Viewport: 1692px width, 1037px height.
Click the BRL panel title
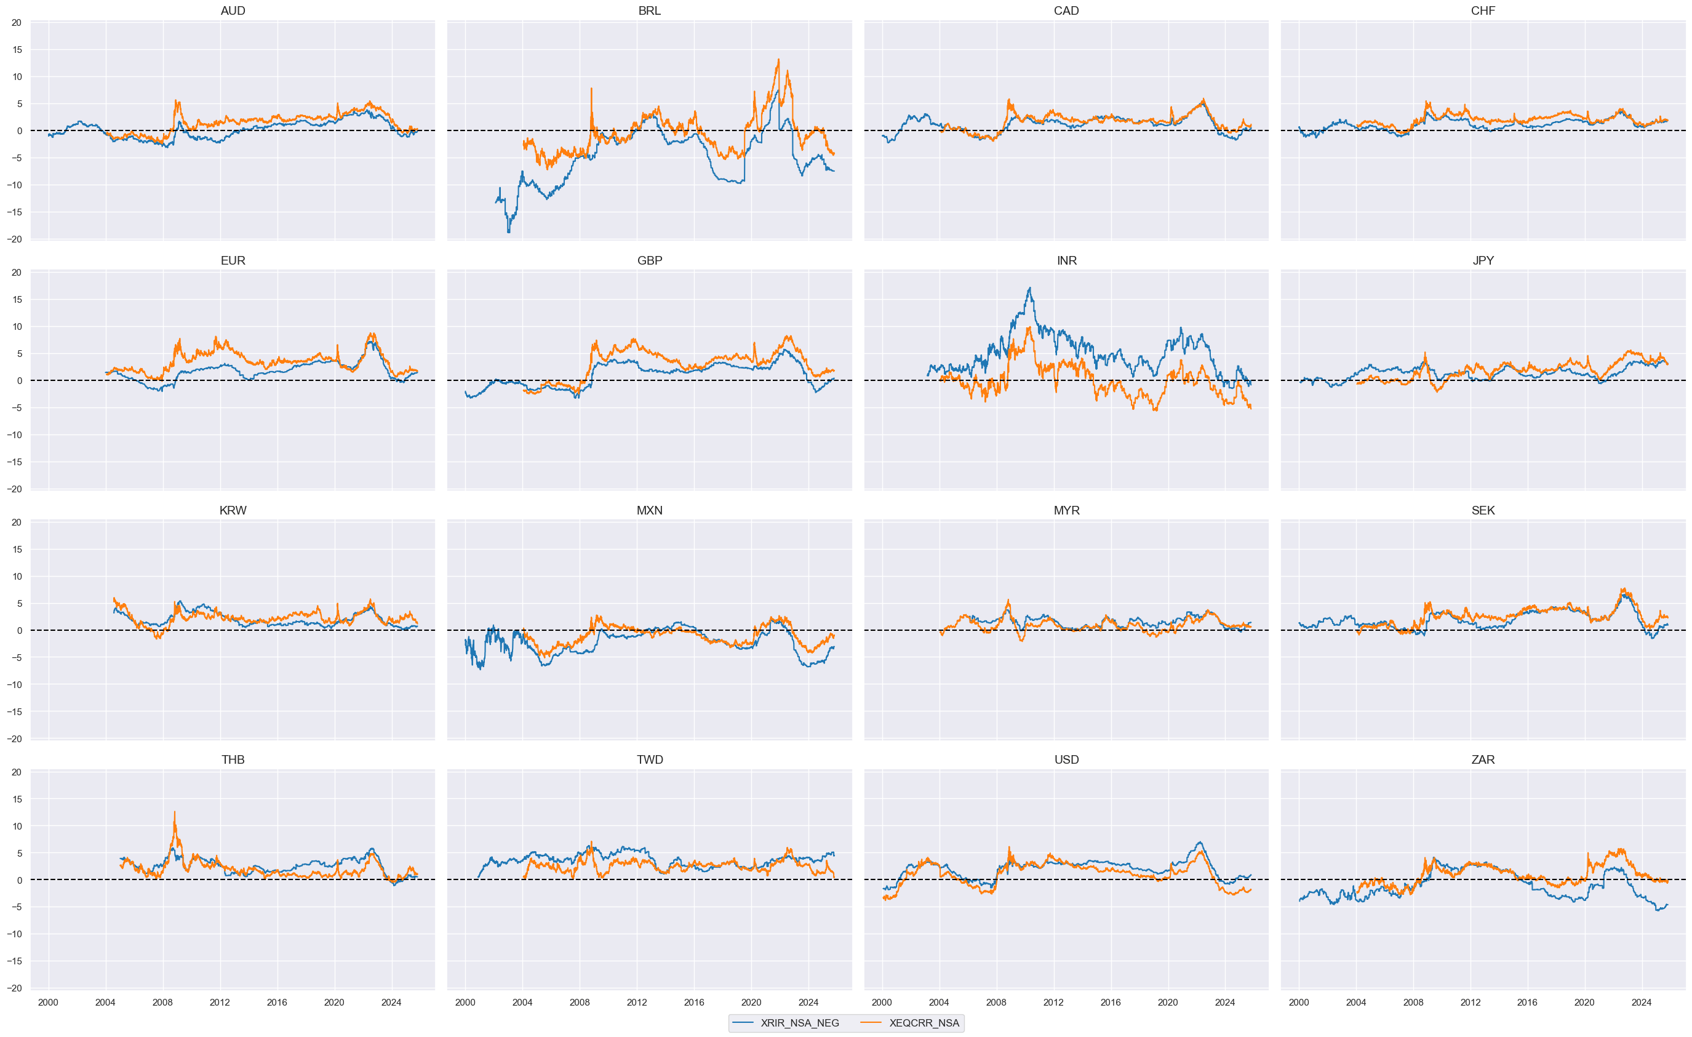(x=649, y=11)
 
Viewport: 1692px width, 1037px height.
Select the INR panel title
(x=1066, y=261)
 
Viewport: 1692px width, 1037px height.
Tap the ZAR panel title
(x=1483, y=759)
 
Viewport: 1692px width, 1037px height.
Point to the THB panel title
(x=233, y=759)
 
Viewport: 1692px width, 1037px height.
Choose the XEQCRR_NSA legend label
(x=924, y=1023)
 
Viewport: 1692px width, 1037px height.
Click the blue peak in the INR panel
(x=1029, y=289)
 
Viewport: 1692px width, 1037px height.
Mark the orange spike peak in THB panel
(x=174, y=812)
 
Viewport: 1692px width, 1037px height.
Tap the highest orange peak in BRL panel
(x=778, y=60)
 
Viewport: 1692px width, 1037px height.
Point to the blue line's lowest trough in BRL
(x=509, y=232)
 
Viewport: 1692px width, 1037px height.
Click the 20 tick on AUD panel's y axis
(x=17, y=23)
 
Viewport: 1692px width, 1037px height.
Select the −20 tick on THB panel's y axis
(x=15, y=988)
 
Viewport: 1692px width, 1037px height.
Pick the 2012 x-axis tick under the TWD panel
(x=637, y=1002)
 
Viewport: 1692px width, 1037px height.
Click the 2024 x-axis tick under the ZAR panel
(x=1641, y=1002)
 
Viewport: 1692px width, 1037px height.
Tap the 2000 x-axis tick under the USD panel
(x=882, y=1002)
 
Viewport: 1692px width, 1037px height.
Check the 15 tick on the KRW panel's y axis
(x=17, y=550)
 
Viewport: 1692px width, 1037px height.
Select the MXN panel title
(x=649, y=510)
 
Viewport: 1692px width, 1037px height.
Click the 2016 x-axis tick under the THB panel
(x=277, y=1002)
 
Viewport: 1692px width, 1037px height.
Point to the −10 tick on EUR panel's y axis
(x=15, y=434)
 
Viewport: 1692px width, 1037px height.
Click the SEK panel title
(x=1483, y=510)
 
